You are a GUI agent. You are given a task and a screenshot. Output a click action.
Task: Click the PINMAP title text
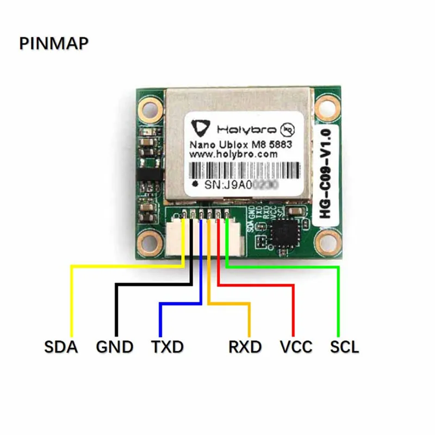click(x=54, y=43)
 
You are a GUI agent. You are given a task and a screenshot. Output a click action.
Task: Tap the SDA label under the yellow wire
click(x=60, y=346)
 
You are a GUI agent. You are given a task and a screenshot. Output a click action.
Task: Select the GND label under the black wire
click(x=114, y=346)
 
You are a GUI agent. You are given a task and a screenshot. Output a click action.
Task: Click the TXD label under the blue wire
click(x=166, y=346)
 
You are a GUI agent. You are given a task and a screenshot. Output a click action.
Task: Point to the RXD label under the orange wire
click(x=244, y=346)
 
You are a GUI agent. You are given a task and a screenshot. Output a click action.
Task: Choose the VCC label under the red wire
click(x=296, y=346)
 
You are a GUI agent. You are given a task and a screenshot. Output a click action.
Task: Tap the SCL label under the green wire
click(x=345, y=346)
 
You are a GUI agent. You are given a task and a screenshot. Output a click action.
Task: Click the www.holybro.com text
click(x=233, y=154)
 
